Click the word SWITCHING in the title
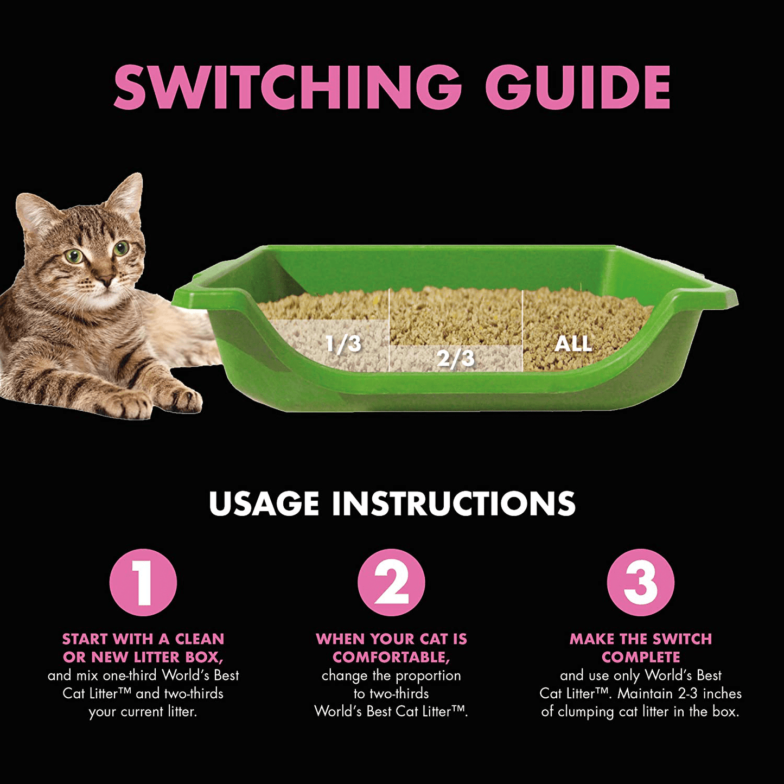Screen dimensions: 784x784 pyautogui.click(x=288, y=87)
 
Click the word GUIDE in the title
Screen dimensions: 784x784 pyautogui.click(x=577, y=87)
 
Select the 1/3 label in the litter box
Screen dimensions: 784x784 pyautogui.click(x=343, y=343)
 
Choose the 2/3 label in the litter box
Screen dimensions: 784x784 pyautogui.click(x=456, y=358)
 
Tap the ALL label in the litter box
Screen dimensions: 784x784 pyautogui.click(x=573, y=343)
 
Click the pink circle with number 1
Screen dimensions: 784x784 pyautogui.click(x=143, y=582)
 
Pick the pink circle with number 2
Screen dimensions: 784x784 pyautogui.click(x=391, y=582)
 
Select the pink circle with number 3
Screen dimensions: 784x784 pyautogui.click(x=640, y=582)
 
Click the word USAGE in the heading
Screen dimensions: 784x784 pyautogui.click(x=264, y=503)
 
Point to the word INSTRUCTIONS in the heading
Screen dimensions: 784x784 pyautogui.click(x=454, y=503)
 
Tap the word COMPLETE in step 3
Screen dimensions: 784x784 pyautogui.click(x=640, y=657)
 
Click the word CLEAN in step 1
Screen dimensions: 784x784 pyautogui.click(x=199, y=639)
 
